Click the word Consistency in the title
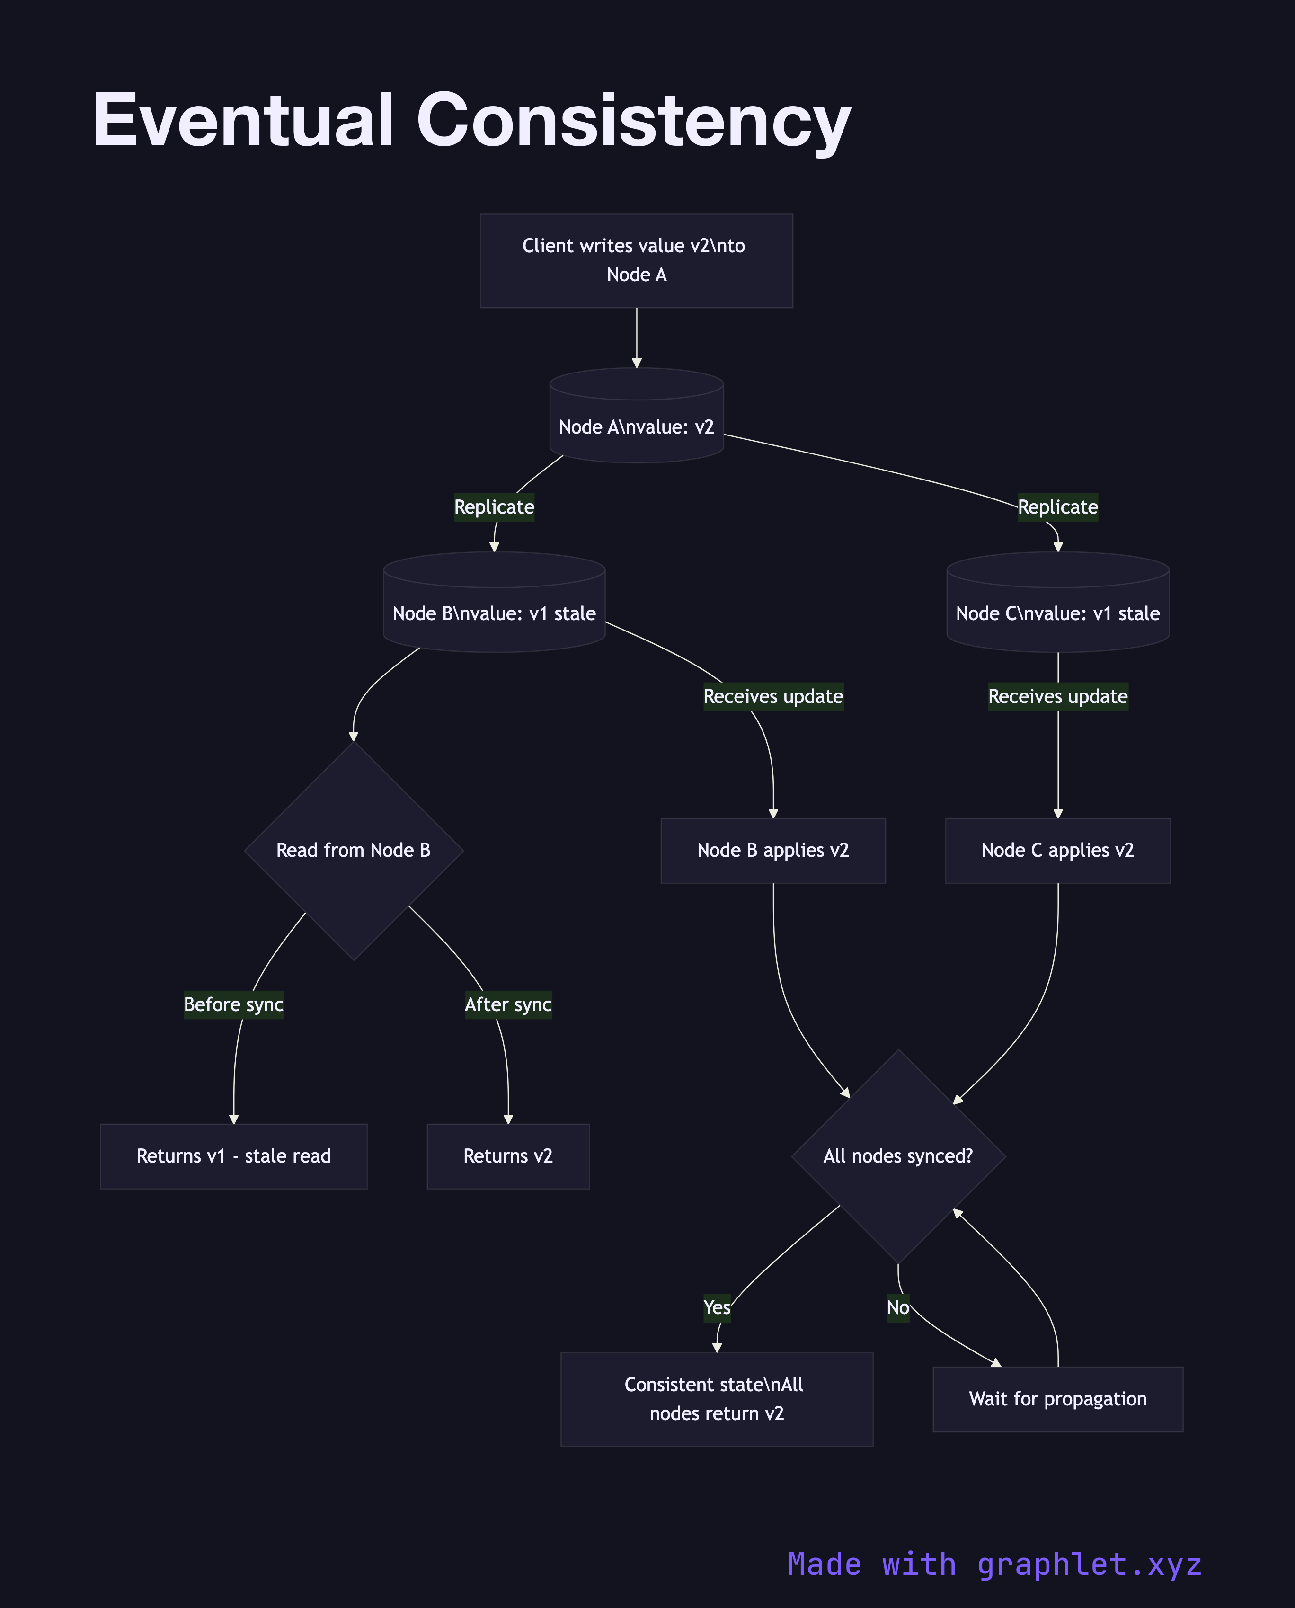coord(633,121)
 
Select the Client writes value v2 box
coord(636,260)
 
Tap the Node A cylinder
coord(636,419)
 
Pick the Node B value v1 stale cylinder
coord(494,605)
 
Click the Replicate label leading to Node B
coord(494,507)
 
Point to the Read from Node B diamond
coord(354,850)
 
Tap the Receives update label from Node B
coord(773,697)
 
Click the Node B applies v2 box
coord(773,850)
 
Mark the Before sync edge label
coord(233,1004)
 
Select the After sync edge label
coord(508,1004)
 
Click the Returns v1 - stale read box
coord(233,1156)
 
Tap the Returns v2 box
coord(508,1156)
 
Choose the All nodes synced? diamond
coord(898,1156)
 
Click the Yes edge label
coord(717,1307)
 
